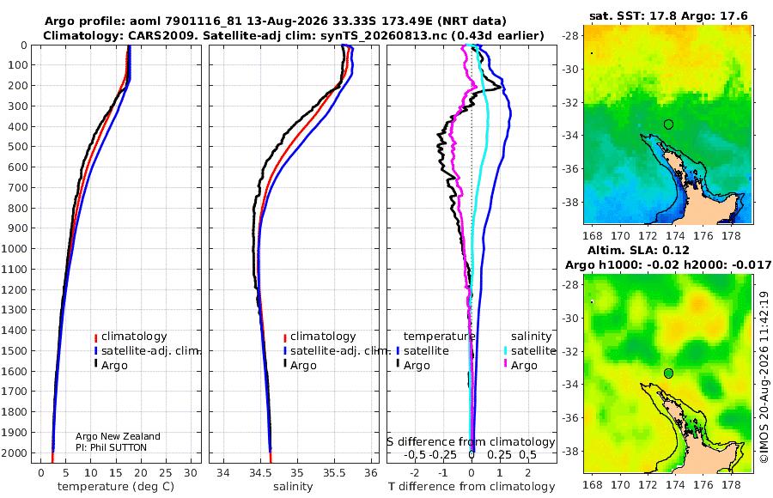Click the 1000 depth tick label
15,248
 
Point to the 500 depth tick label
17,147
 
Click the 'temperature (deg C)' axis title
116,487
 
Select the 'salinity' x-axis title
293,487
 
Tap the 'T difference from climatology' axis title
472,487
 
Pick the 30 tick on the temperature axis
191,473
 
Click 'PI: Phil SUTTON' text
111,447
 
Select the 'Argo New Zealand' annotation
118,436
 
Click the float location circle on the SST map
668,125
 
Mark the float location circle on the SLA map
668,373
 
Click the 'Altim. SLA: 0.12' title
638,250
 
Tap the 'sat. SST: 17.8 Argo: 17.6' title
668,15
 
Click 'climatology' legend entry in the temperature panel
131,337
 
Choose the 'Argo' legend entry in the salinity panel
300,366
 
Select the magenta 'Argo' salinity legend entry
520,366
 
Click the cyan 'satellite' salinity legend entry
529,350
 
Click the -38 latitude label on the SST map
572,202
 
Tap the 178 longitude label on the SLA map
731,484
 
